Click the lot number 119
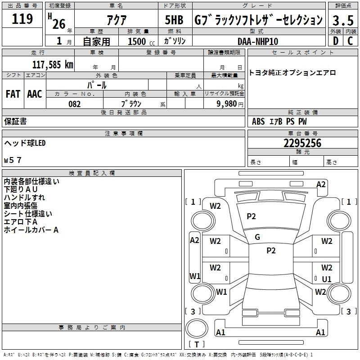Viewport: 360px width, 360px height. (x=22, y=19)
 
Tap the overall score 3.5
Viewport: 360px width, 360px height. (x=342, y=20)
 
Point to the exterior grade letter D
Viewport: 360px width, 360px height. (x=335, y=41)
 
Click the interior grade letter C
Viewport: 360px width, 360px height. (x=350, y=41)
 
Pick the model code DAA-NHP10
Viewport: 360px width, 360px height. (x=258, y=41)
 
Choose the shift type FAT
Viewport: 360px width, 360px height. (x=13, y=94)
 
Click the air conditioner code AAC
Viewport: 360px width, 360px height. (x=34, y=94)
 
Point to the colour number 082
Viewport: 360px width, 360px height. (x=74, y=104)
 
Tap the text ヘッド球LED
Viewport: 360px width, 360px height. (x=25, y=143)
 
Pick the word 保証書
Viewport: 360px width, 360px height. (x=15, y=121)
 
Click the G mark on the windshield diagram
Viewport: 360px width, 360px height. (x=257, y=237)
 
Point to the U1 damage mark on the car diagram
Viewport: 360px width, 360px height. (x=327, y=279)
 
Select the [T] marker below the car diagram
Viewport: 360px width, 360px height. (x=196, y=344)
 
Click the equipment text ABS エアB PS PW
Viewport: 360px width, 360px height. (x=279, y=121)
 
